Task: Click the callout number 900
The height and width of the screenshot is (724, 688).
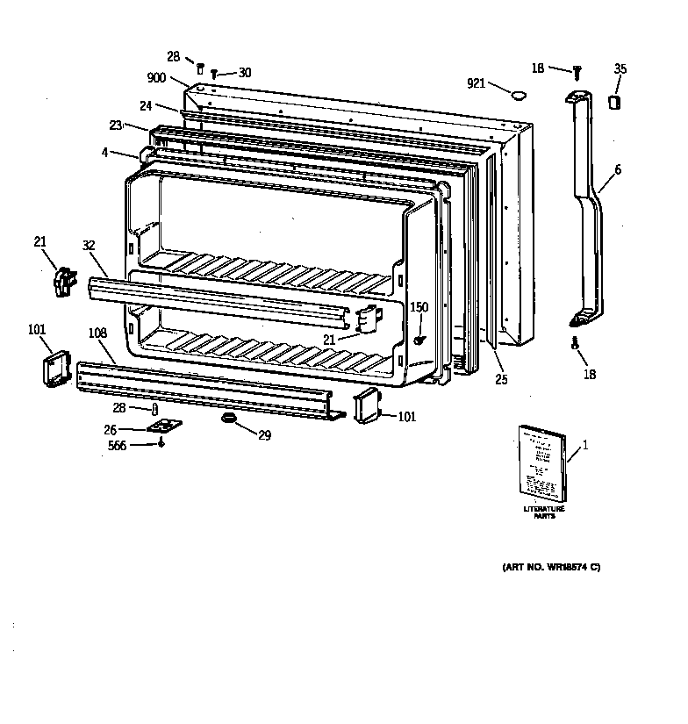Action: tap(156, 77)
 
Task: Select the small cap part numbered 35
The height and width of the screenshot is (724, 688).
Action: tap(614, 102)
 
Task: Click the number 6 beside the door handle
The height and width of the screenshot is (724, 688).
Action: tap(617, 169)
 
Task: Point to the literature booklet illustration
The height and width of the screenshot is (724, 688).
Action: tap(541, 464)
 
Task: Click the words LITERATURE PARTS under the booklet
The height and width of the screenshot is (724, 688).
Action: tap(544, 513)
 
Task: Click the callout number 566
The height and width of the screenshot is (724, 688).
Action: tap(118, 446)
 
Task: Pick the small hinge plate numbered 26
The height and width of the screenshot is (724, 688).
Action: tap(163, 427)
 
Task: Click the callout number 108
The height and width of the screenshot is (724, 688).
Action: tap(97, 333)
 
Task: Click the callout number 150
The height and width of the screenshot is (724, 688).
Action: tap(419, 306)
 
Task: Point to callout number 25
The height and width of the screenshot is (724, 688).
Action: tap(500, 379)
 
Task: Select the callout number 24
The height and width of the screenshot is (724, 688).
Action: tap(145, 105)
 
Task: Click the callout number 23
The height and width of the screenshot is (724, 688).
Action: tap(116, 125)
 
